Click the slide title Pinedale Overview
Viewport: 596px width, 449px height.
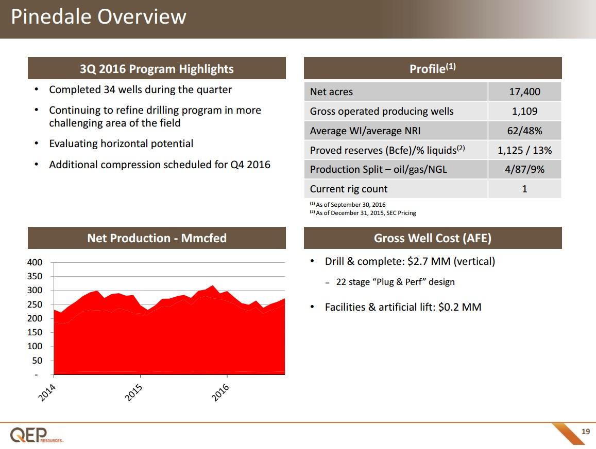tap(98, 17)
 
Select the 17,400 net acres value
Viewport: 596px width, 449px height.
tap(524, 92)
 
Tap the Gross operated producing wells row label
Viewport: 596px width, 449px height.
tap(382, 111)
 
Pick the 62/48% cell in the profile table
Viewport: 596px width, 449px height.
tap(524, 131)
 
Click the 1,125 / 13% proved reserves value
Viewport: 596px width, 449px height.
tap(524, 150)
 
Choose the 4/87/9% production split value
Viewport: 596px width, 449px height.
tap(524, 169)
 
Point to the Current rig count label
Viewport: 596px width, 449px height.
tap(349, 189)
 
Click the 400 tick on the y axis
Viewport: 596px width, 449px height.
tap(35, 262)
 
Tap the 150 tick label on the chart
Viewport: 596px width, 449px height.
tap(35, 333)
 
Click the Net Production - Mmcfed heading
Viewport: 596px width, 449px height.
tap(157, 238)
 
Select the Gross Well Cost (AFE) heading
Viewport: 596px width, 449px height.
tap(433, 238)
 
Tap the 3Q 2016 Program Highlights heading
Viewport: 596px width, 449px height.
tap(157, 69)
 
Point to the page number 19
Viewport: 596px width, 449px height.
tap(585, 432)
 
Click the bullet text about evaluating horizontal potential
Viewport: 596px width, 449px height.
tap(121, 143)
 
